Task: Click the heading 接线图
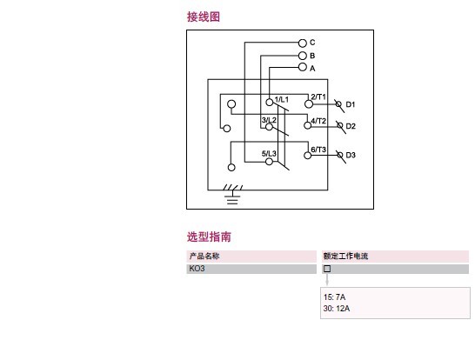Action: pyautogui.click(x=204, y=17)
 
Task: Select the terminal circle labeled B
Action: pyautogui.click(x=303, y=56)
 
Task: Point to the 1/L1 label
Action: pyautogui.click(x=281, y=100)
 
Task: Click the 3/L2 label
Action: pyautogui.click(x=269, y=120)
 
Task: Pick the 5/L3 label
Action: pyautogui.click(x=269, y=154)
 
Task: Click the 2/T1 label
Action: pyautogui.click(x=318, y=97)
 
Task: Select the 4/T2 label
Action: pyautogui.click(x=318, y=121)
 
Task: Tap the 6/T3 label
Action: pyautogui.click(x=318, y=150)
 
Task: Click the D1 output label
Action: pyautogui.click(x=351, y=104)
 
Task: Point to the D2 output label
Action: pyautogui.click(x=351, y=126)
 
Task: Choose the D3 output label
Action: pyautogui.click(x=351, y=155)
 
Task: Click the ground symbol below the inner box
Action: pyautogui.click(x=232, y=196)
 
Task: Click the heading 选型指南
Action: pyautogui.click(x=209, y=237)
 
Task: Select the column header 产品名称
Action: pyautogui.click(x=204, y=257)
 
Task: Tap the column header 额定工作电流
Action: pyautogui.click(x=345, y=257)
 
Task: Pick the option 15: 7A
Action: pyautogui.click(x=334, y=297)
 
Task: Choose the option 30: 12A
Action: pyautogui.click(x=337, y=309)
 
